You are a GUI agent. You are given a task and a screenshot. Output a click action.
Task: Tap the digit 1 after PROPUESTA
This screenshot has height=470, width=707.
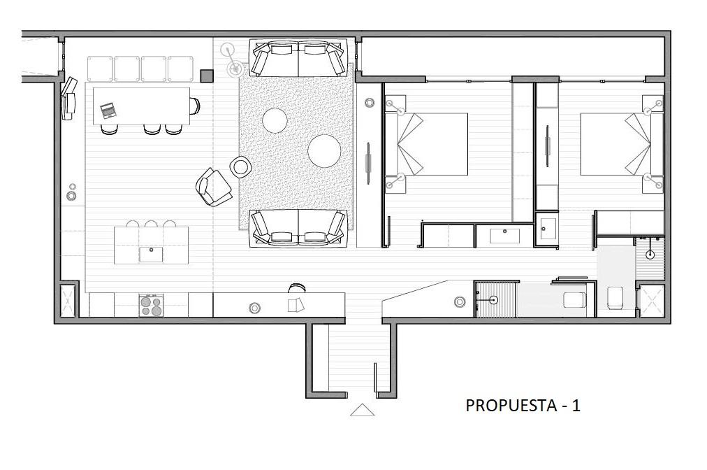576,406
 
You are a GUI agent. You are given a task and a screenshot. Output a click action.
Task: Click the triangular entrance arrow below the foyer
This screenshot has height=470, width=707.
362,410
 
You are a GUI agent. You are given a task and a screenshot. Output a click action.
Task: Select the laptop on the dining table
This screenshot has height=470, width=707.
108,111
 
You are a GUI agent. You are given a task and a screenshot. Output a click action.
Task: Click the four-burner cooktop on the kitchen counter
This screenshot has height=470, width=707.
151,305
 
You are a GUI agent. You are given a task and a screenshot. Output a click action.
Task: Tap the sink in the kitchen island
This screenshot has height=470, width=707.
151,254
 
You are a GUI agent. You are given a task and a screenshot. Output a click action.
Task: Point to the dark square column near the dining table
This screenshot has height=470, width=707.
207,76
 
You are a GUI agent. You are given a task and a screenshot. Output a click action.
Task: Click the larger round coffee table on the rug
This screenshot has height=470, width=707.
324,151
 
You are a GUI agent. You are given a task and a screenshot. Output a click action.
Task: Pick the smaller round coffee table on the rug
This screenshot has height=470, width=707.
275,120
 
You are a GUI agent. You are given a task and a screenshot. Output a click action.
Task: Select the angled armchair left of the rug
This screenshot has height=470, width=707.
214,187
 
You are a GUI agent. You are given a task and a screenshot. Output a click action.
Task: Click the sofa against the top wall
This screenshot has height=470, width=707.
298,58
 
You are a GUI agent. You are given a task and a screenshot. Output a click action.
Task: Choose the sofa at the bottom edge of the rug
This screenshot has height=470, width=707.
298,228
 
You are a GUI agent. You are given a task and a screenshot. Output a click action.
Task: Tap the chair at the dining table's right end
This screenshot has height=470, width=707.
195,106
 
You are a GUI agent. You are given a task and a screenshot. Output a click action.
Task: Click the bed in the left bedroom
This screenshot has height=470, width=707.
426,143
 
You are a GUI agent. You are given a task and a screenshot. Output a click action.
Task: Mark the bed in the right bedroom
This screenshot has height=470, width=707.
621,143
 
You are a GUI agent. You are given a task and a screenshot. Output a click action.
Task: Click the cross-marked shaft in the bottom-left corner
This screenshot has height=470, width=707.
68,300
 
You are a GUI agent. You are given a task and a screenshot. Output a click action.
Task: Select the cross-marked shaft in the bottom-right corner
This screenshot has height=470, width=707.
652,300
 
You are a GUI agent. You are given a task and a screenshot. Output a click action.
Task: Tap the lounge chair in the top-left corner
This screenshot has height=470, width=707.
68,99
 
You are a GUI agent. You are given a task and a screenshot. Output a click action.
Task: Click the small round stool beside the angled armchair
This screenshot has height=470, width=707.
240,166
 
